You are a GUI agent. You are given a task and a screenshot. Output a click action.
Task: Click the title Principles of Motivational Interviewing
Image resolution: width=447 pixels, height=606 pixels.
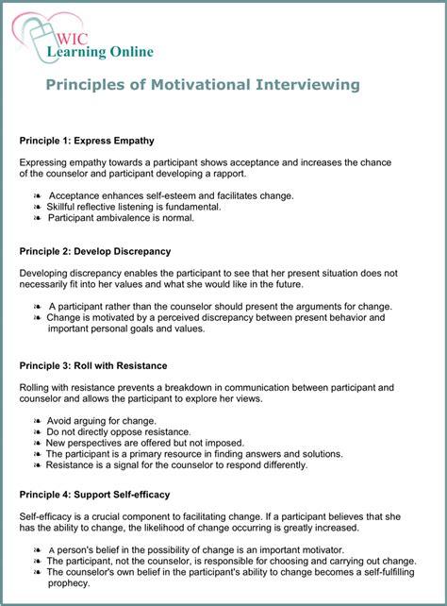click(x=203, y=85)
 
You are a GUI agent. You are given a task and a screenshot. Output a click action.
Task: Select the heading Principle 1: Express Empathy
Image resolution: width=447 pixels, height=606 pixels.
click(x=87, y=141)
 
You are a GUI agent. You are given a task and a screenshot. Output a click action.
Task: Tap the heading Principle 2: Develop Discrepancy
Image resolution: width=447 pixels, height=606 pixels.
click(x=95, y=251)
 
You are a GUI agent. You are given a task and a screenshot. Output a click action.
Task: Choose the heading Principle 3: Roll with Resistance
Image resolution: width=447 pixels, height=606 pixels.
click(x=93, y=365)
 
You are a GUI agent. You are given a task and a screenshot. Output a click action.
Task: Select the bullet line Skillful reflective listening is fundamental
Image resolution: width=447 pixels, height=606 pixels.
click(x=141, y=207)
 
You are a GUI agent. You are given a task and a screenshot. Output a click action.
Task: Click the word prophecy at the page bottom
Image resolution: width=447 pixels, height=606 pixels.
click(x=70, y=583)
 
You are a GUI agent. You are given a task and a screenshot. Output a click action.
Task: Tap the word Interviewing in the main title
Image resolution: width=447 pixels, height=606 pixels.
click(x=306, y=85)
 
